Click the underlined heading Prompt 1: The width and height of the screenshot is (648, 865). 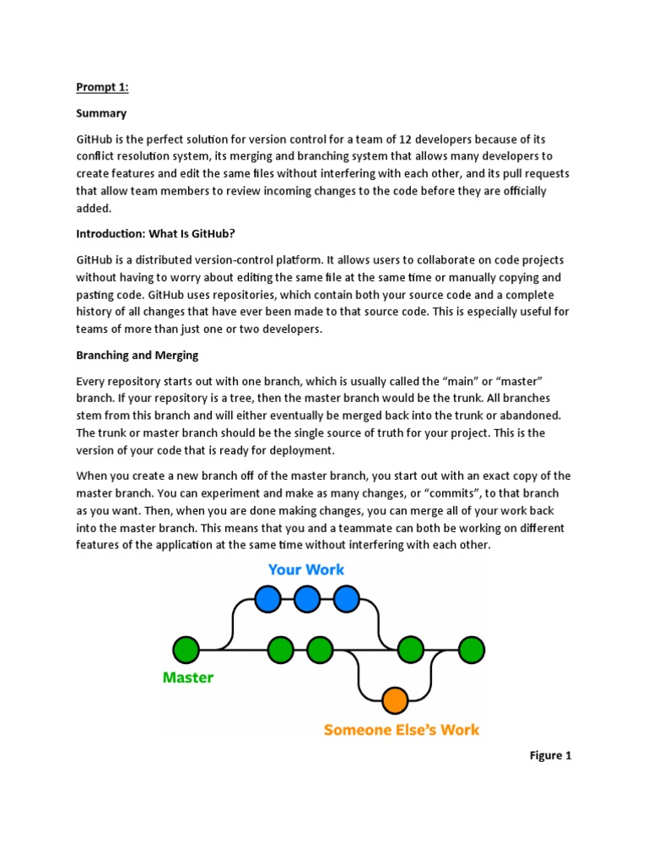(101, 87)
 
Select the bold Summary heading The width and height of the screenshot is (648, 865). (101, 112)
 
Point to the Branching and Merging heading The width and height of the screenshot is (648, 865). (137, 356)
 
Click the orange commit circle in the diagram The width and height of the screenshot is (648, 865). (395, 700)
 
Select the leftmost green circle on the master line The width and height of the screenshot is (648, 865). (186, 650)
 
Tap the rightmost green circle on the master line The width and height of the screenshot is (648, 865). (471, 650)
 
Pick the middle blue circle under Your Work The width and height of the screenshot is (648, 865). (307, 599)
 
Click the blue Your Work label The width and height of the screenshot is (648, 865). (306, 570)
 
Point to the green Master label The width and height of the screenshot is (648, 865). (187, 677)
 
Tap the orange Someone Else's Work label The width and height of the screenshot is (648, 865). (402, 729)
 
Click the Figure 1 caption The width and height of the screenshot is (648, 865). (550, 755)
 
